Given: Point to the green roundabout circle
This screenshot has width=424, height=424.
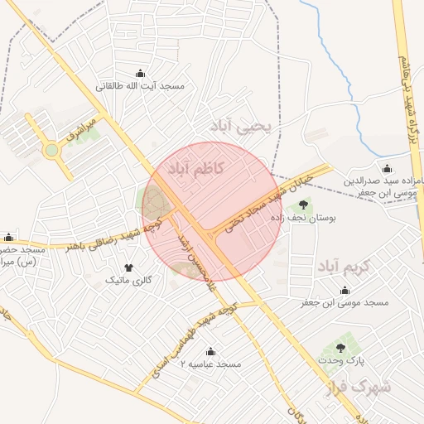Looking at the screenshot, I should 51,150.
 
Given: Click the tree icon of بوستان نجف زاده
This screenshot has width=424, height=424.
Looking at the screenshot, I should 302,204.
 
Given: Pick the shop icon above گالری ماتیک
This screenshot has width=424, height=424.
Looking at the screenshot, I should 128,267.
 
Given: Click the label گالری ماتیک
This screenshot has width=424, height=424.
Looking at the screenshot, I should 128,281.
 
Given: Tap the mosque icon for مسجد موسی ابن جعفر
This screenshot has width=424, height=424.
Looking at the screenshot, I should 344,290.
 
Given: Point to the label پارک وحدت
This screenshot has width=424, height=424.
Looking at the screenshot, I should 341,362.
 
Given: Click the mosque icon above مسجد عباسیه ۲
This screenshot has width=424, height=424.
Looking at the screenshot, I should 210,351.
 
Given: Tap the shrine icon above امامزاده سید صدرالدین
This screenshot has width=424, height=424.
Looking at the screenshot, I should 388,168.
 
